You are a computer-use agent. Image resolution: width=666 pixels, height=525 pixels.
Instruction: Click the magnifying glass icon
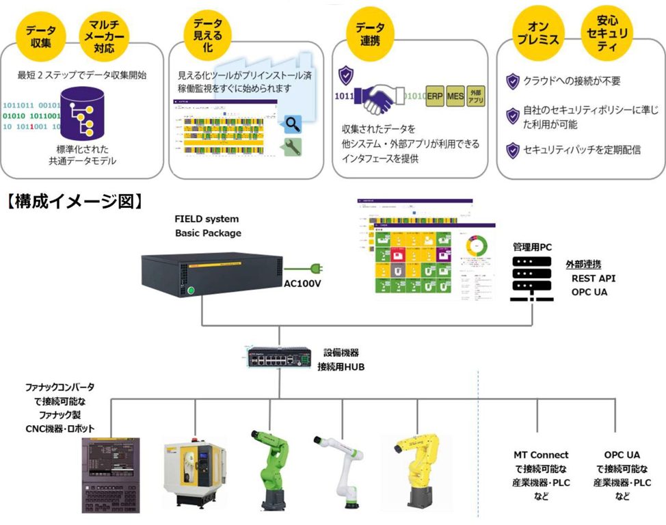click(x=293, y=124)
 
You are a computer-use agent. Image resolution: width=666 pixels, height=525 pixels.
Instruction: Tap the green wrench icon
click(x=292, y=146)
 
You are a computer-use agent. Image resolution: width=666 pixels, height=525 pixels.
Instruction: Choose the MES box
click(x=455, y=96)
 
